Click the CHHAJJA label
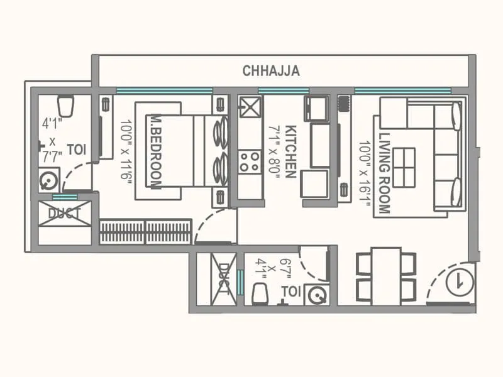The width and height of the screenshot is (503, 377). coord(271,71)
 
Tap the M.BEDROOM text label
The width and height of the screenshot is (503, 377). coord(155,151)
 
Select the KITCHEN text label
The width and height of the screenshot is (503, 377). coord(290,151)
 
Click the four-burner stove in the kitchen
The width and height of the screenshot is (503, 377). coord(250,161)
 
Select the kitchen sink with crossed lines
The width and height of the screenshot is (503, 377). coord(250,107)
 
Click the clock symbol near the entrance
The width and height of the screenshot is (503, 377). coord(459,282)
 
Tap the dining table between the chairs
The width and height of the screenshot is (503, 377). coord(386,276)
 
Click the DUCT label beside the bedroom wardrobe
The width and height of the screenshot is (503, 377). coord(65,214)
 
